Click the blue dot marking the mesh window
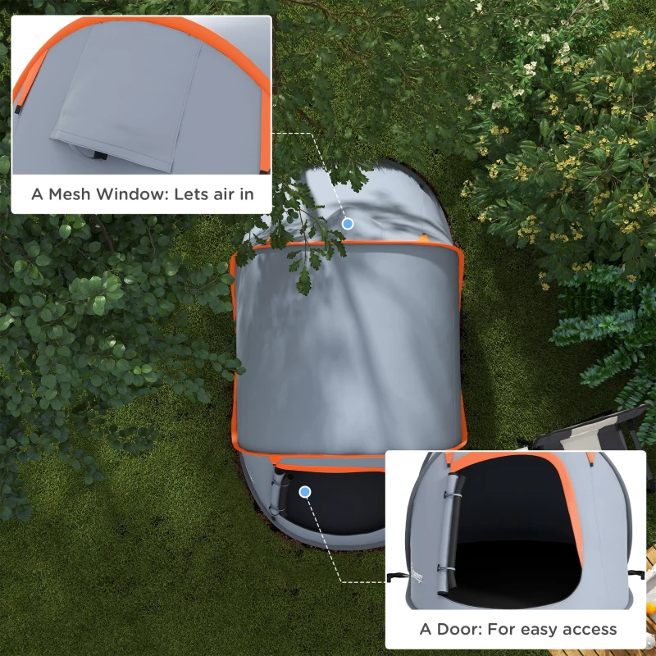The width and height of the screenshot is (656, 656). click(348, 223)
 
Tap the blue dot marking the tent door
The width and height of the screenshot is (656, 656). click(306, 492)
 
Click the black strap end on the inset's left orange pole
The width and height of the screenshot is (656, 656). click(17, 107)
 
